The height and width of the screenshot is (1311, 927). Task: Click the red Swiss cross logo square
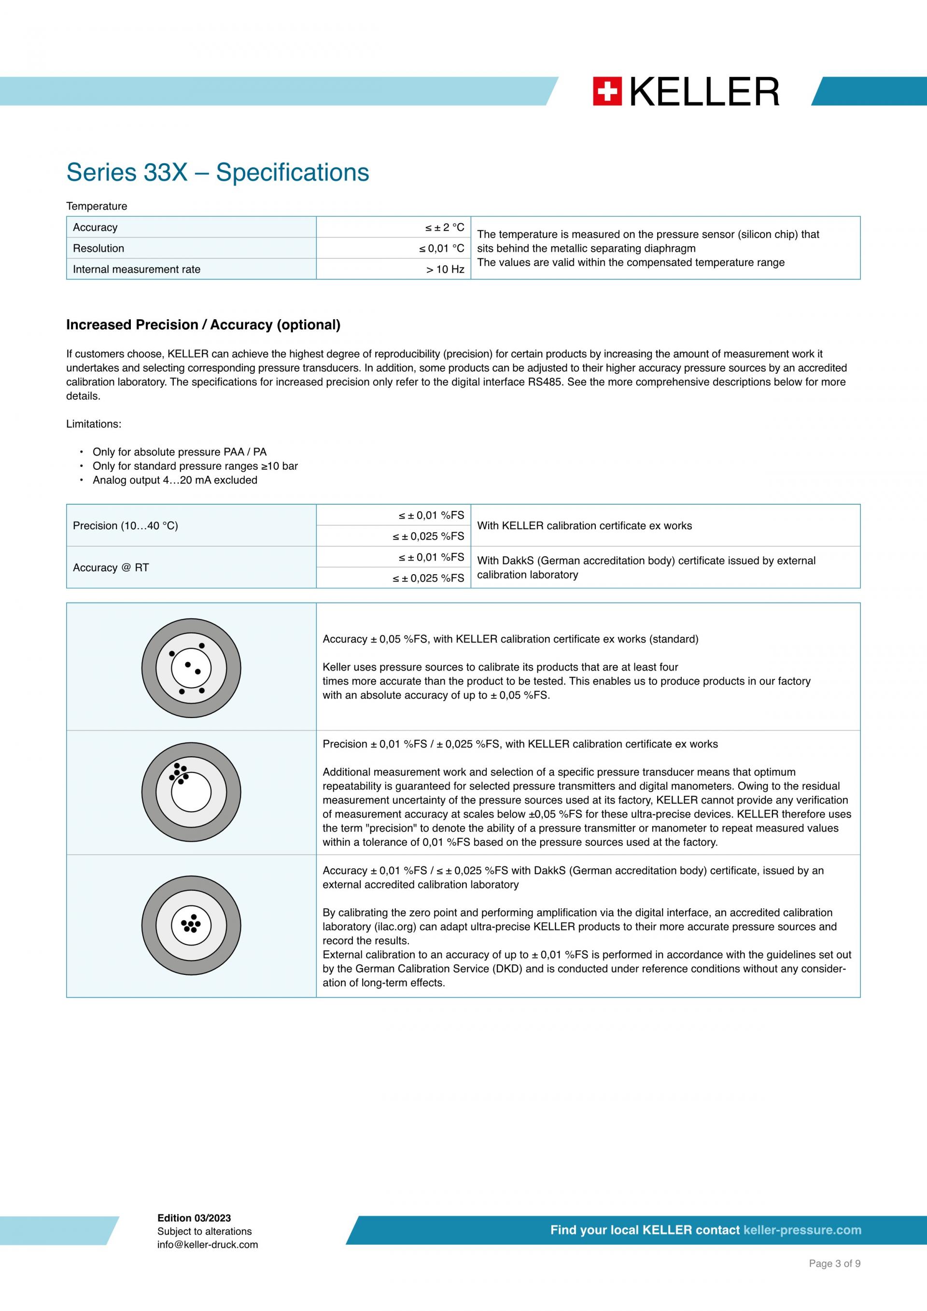(607, 92)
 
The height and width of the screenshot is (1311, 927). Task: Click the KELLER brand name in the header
(704, 92)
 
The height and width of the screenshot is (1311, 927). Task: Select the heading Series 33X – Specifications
(217, 172)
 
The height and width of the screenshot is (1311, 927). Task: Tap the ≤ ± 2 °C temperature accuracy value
(444, 227)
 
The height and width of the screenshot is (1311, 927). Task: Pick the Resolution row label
(98, 248)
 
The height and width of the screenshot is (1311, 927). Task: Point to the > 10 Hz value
(445, 269)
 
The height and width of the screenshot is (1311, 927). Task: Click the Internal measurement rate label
(137, 269)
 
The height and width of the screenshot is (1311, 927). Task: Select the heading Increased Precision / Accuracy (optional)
(203, 325)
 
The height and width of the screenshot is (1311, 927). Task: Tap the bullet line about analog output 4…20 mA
(175, 480)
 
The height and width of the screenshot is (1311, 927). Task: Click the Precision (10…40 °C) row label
(125, 526)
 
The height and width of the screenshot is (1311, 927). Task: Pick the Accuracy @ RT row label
(111, 567)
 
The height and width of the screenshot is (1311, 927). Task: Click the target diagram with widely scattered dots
(191, 668)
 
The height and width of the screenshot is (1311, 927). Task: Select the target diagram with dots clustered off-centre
(191, 792)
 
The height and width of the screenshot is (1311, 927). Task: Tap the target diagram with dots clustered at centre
(191, 925)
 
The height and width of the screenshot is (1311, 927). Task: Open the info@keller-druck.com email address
(208, 1245)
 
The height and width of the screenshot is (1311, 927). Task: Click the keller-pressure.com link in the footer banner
(802, 1230)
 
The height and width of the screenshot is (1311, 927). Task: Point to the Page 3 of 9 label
(834, 1280)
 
